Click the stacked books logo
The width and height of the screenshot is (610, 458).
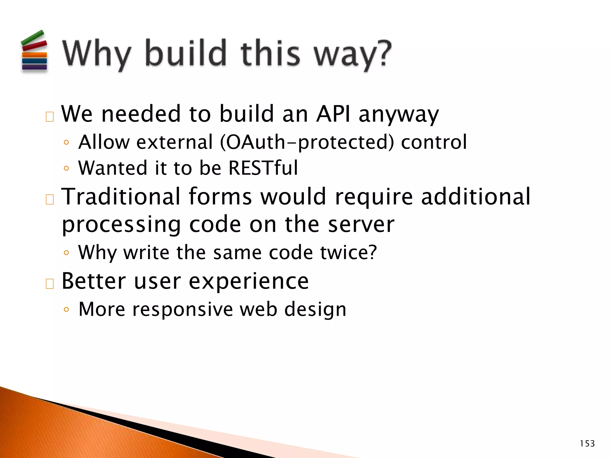click(34, 52)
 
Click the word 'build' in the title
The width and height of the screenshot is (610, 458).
click(186, 54)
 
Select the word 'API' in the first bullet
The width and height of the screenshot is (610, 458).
click(333, 114)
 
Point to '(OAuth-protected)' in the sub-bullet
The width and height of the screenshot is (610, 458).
click(306, 142)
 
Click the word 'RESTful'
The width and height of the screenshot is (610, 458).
click(263, 168)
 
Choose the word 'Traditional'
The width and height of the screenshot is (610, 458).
click(121, 196)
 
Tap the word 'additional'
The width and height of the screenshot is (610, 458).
click(475, 196)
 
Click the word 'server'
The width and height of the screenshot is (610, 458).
click(361, 224)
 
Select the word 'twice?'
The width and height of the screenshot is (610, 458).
click(348, 253)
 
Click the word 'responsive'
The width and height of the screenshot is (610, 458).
click(182, 310)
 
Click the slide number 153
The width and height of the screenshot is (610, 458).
click(587, 444)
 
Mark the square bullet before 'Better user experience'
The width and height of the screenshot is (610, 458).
click(50, 284)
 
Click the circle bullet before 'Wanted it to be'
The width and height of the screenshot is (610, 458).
click(66, 168)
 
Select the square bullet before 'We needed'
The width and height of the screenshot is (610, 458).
click(50, 117)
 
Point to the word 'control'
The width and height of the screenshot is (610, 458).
click(434, 142)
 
